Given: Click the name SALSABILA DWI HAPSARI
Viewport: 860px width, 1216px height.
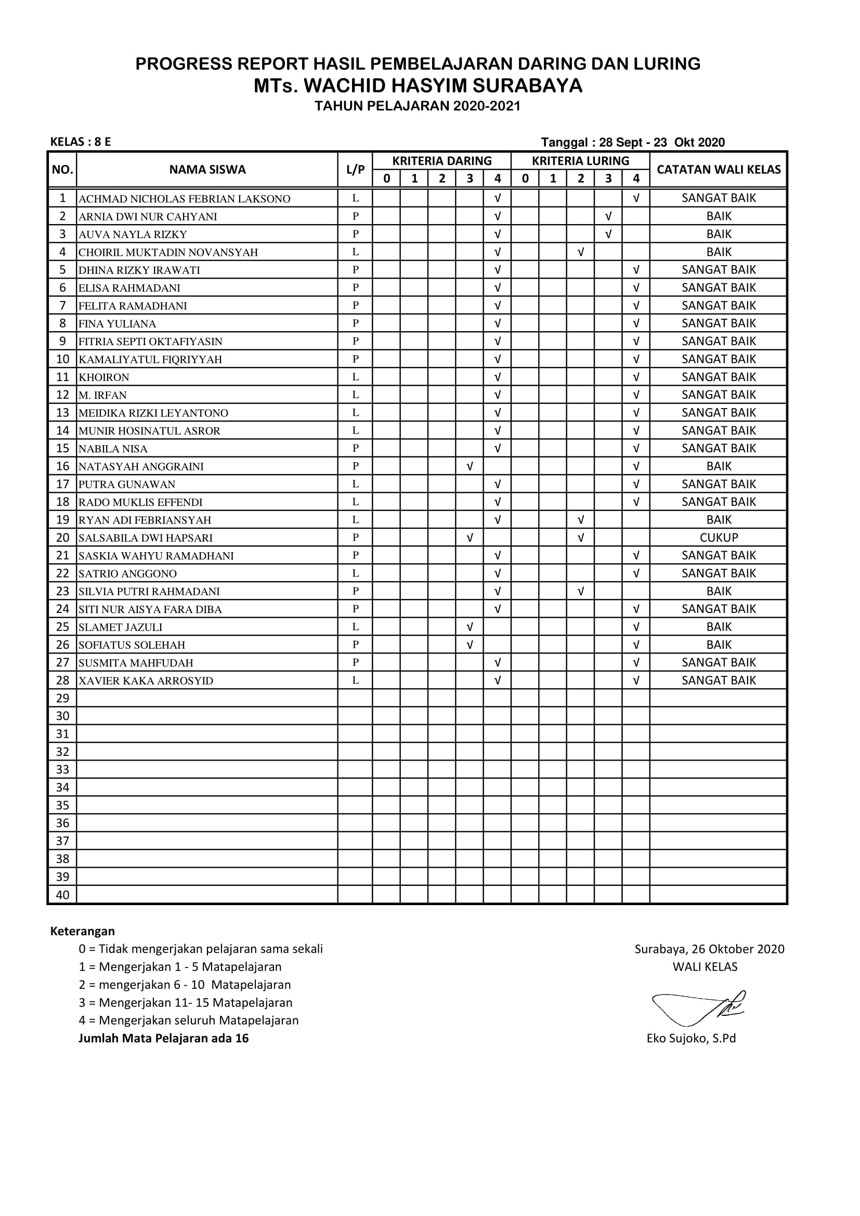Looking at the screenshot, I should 146,538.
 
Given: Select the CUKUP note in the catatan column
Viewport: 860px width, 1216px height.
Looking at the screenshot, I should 719,538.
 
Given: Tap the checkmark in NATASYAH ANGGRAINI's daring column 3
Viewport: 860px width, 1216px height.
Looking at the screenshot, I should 470,466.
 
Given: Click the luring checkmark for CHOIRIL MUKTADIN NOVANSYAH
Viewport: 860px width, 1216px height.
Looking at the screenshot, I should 581,252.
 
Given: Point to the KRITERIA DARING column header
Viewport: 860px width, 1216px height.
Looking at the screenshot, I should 441,161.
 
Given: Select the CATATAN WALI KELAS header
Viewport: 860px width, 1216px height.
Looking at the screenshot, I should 719,169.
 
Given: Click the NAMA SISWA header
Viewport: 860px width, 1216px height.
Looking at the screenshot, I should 207,169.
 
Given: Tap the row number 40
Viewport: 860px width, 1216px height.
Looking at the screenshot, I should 62,895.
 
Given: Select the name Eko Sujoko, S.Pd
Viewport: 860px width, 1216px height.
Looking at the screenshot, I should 691,1039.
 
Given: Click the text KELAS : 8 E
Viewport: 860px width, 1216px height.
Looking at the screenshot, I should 81,142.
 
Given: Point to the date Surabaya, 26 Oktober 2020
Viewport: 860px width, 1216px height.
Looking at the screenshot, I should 710,949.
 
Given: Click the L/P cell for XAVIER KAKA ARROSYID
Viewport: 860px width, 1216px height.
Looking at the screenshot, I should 355,681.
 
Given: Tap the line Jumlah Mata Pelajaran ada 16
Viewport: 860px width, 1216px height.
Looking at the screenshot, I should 164,1039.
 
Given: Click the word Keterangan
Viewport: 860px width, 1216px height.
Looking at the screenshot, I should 83,931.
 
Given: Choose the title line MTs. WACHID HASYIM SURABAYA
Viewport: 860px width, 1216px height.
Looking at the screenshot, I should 418,86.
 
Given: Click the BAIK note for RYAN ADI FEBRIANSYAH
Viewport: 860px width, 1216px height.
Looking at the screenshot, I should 719,519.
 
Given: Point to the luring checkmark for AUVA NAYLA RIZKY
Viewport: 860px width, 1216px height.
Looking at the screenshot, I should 608,234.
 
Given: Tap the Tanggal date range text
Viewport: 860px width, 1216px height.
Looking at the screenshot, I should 633,142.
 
